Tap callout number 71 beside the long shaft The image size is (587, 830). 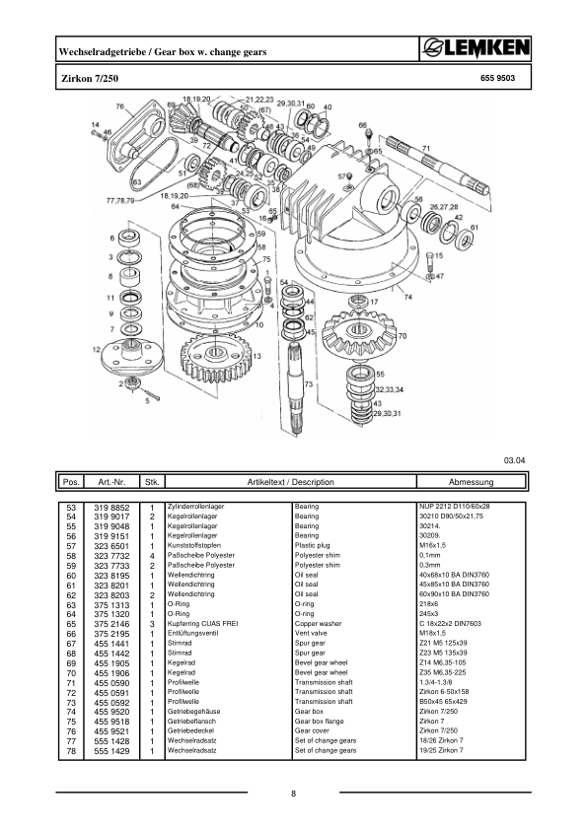[425, 149]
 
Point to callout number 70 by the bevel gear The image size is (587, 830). [402, 336]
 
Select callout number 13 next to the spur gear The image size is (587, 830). [257, 355]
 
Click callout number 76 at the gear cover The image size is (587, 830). [119, 105]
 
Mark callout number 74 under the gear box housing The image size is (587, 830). [406, 293]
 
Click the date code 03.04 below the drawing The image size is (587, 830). [515, 458]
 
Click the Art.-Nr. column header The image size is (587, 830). [105, 484]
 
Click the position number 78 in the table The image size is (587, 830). [71, 751]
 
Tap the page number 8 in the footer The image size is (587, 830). [293, 796]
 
